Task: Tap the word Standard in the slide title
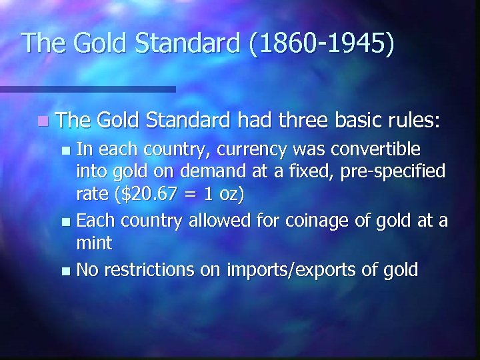[x=189, y=43]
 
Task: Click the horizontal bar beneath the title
[x=87, y=88]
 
